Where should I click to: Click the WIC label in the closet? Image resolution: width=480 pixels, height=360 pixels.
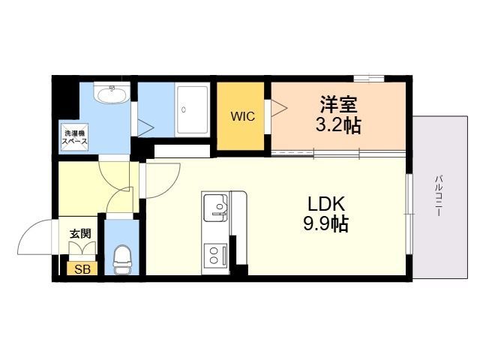[243, 117]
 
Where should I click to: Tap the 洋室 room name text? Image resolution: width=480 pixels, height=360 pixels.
[338, 104]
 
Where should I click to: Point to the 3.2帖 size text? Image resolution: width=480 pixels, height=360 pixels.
[338, 124]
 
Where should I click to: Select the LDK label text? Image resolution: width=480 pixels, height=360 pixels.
[326, 204]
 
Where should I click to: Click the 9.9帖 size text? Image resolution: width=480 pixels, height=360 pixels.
[325, 223]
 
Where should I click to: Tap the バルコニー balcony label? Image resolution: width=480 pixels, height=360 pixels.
[439, 196]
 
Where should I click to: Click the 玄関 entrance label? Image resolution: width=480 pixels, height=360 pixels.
[80, 234]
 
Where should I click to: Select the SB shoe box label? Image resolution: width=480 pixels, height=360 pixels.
[82, 269]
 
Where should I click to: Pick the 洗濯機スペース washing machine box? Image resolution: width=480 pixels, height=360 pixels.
[75, 137]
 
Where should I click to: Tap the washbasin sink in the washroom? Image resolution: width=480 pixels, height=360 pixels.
[112, 93]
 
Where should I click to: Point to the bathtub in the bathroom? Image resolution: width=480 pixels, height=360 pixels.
[193, 111]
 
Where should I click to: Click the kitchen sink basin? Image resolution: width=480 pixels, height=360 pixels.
[216, 207]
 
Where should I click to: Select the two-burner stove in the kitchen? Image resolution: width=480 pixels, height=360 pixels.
[215, 256]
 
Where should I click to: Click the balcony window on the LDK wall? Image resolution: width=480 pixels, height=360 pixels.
[409, 214]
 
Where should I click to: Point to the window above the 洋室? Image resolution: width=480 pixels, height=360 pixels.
[369, 79]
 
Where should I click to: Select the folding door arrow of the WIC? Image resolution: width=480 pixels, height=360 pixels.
[279, 108]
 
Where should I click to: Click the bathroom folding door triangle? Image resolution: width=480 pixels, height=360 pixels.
[145, 128]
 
